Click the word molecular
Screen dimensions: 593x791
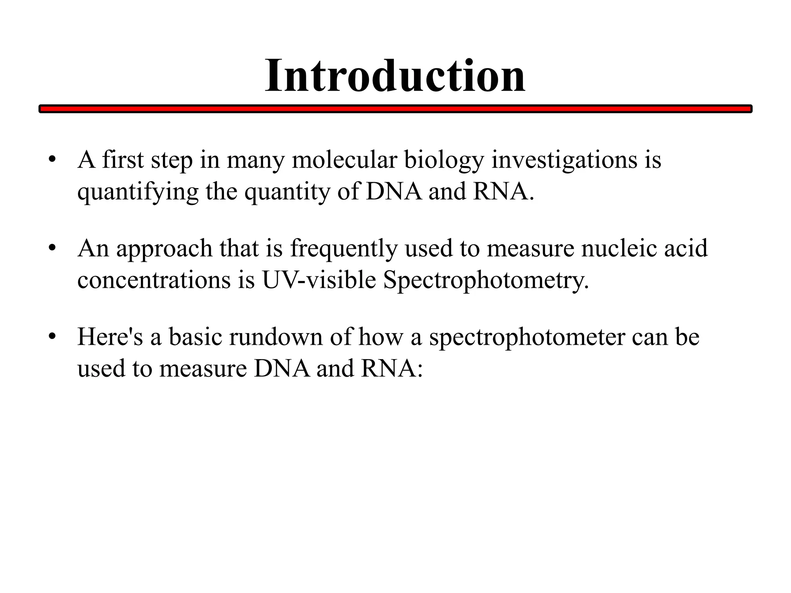tap(344, 159)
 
